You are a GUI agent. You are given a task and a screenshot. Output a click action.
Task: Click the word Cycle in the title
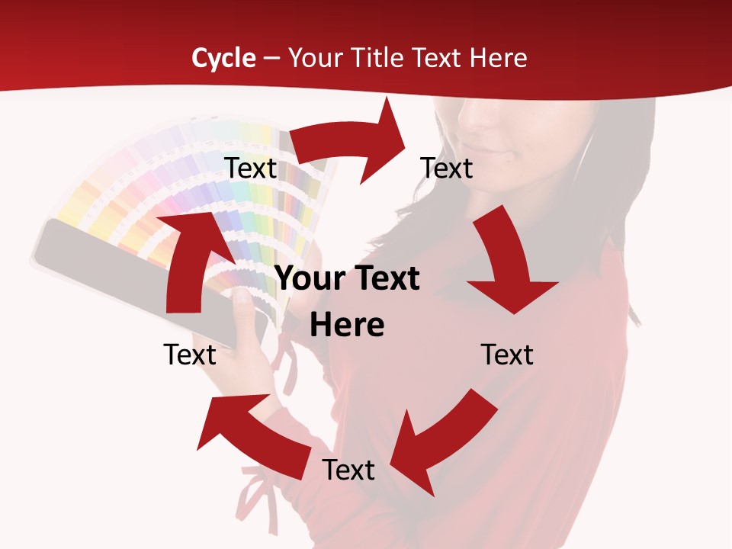(223, 58)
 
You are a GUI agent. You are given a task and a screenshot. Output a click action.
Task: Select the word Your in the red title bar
(316, 58)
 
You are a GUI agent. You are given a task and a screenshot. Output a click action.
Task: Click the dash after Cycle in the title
(271, 59)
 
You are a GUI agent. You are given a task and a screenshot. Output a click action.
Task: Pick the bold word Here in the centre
(347, 326)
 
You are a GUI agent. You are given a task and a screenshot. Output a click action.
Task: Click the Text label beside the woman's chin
(447, 168)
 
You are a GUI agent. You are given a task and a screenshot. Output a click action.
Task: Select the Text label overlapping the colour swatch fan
(251, 168)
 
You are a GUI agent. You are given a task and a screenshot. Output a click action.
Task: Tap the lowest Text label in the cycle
(348, 470)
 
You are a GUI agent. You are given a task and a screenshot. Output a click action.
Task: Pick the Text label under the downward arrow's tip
(507, 355)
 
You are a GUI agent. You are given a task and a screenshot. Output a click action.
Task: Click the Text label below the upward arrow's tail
(190, 355)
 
